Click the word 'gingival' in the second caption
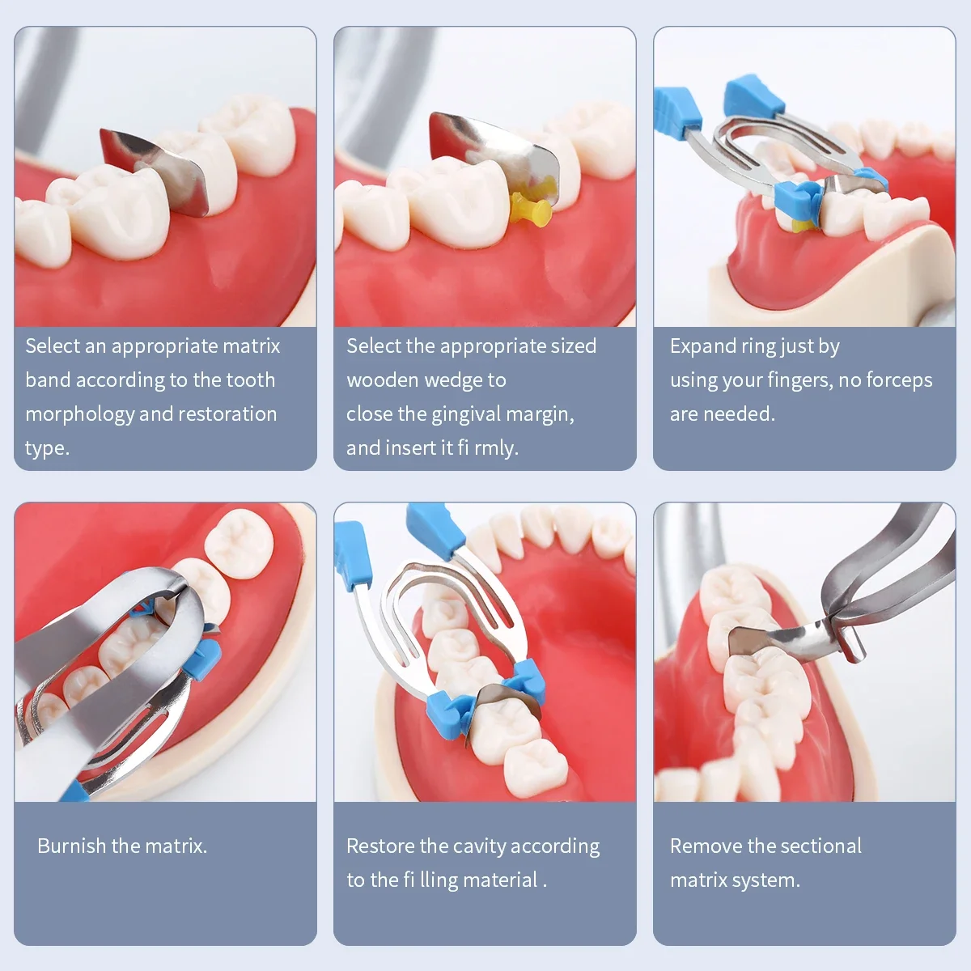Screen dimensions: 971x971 coord(470,414)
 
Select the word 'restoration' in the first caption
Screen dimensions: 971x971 coord(227,414)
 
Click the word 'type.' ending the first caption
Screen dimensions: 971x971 coord(47,448)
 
